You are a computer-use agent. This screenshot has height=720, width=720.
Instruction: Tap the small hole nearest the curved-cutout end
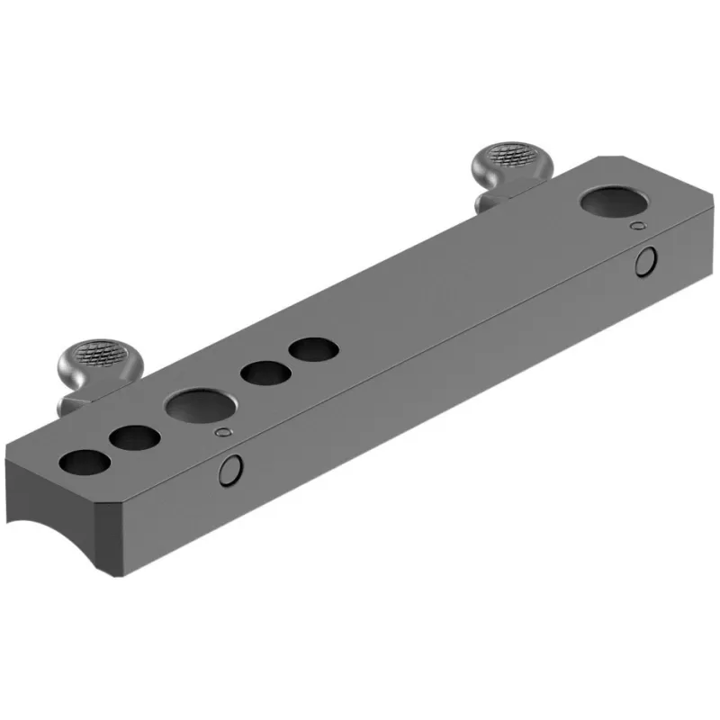(x=85, y=463)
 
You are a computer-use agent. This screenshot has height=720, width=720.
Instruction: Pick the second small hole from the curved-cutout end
(x=135, y=438)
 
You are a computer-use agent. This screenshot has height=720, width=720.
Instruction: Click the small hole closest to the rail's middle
(x=310, y=348)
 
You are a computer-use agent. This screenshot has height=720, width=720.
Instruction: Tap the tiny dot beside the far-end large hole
(x=638, y=225)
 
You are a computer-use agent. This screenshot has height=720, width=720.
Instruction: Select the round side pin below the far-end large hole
(x=645, y=262)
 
